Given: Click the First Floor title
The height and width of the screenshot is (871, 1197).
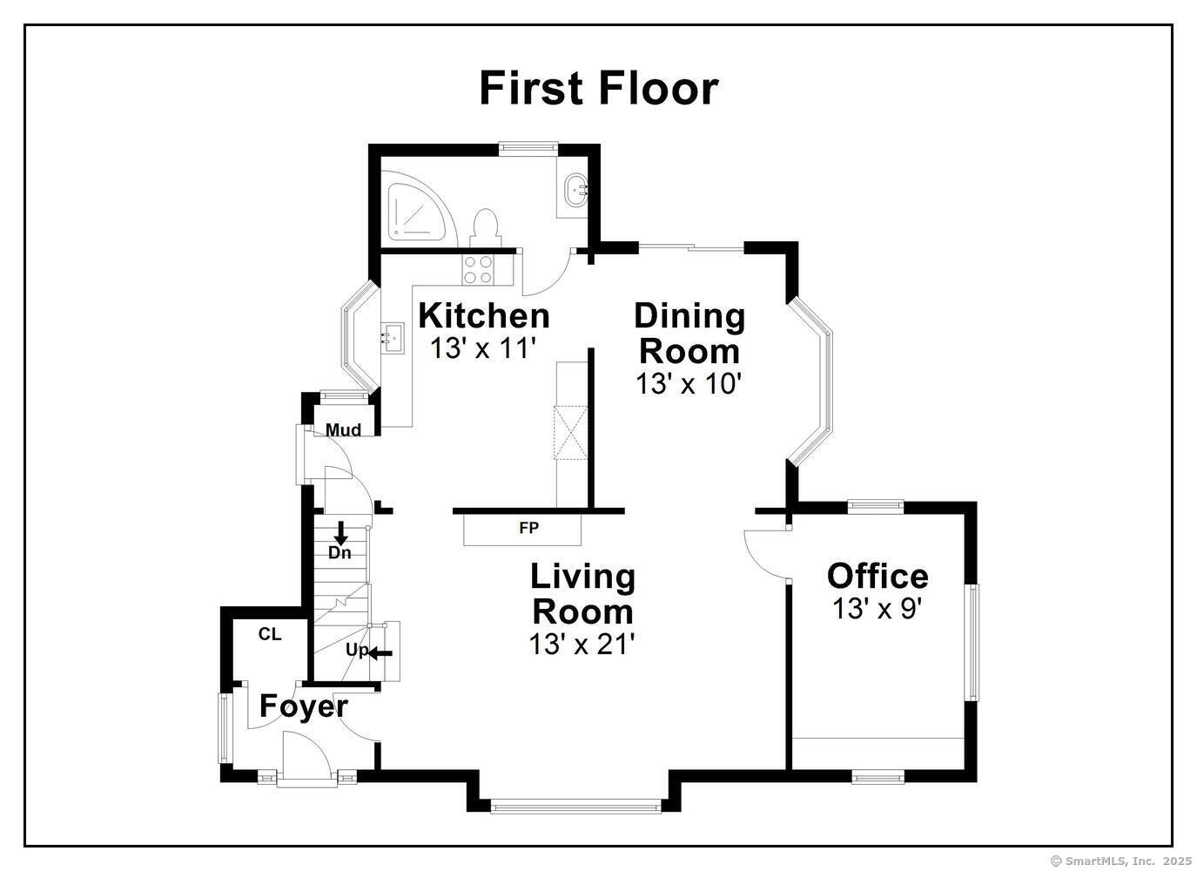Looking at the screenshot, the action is click(599, 89).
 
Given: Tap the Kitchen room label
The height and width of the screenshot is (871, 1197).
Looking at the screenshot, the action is click(484, 316).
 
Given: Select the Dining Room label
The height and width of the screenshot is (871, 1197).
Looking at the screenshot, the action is click(689, 333).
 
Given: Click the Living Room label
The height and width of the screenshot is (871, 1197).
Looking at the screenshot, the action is click(583, 594).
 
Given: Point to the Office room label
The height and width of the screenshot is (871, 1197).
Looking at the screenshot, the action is click(878, 577).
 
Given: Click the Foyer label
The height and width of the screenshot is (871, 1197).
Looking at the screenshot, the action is click(304, 706).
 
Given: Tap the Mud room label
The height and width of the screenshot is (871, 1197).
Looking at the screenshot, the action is click(343, 430).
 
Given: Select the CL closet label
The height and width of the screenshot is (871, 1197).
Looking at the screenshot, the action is click(269, 634).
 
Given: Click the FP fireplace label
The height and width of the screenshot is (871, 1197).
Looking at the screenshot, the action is click(529, 529).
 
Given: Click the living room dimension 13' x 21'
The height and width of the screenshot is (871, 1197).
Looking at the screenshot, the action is click(582, 644).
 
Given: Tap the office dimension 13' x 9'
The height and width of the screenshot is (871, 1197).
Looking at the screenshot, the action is click(878, 609).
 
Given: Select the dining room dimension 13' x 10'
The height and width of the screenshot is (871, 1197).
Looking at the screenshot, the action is click(689, 383).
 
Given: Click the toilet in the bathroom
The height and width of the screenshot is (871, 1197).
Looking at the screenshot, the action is click(486, 228).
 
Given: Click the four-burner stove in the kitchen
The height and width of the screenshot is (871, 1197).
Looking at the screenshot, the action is click(478, 269).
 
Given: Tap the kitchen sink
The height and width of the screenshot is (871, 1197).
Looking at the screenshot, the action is click(393, 338).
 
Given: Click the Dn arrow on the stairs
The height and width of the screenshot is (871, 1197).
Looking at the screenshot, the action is click(340, 534).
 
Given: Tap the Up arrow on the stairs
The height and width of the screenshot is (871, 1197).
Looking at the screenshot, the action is click(380, 653).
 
